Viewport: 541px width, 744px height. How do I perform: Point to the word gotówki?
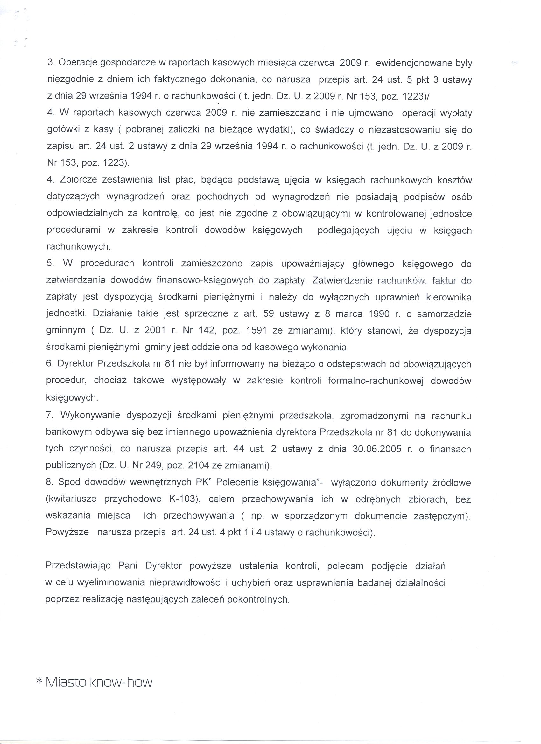tap(63, 130)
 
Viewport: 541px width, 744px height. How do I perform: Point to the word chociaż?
tap(110, 381)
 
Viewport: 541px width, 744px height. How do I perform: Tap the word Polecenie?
tap(236, 482)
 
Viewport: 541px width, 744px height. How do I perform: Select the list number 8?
tap(49, 482)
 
